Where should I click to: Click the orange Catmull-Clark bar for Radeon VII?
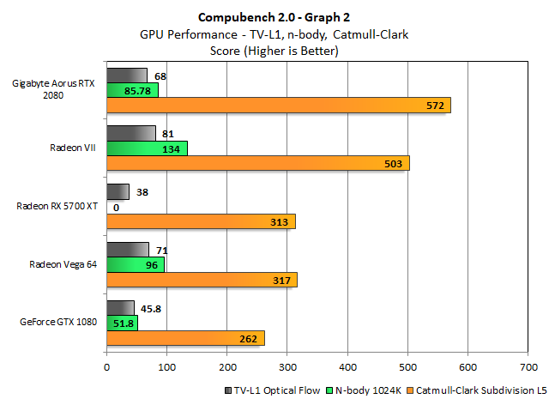pos(257,163)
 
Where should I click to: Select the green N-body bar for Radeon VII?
pos(147,148)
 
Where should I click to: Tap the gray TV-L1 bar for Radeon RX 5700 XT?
pos(118,191)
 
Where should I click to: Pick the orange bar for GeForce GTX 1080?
pos(184,338)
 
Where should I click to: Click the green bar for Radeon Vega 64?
pos(136,265)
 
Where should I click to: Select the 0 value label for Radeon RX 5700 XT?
pos(116,207)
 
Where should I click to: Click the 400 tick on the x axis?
pos(347,366)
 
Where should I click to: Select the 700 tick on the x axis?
pos(528,366)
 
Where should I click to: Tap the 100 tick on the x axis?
pos(166,366)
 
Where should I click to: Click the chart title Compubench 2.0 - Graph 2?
pos(274,16)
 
